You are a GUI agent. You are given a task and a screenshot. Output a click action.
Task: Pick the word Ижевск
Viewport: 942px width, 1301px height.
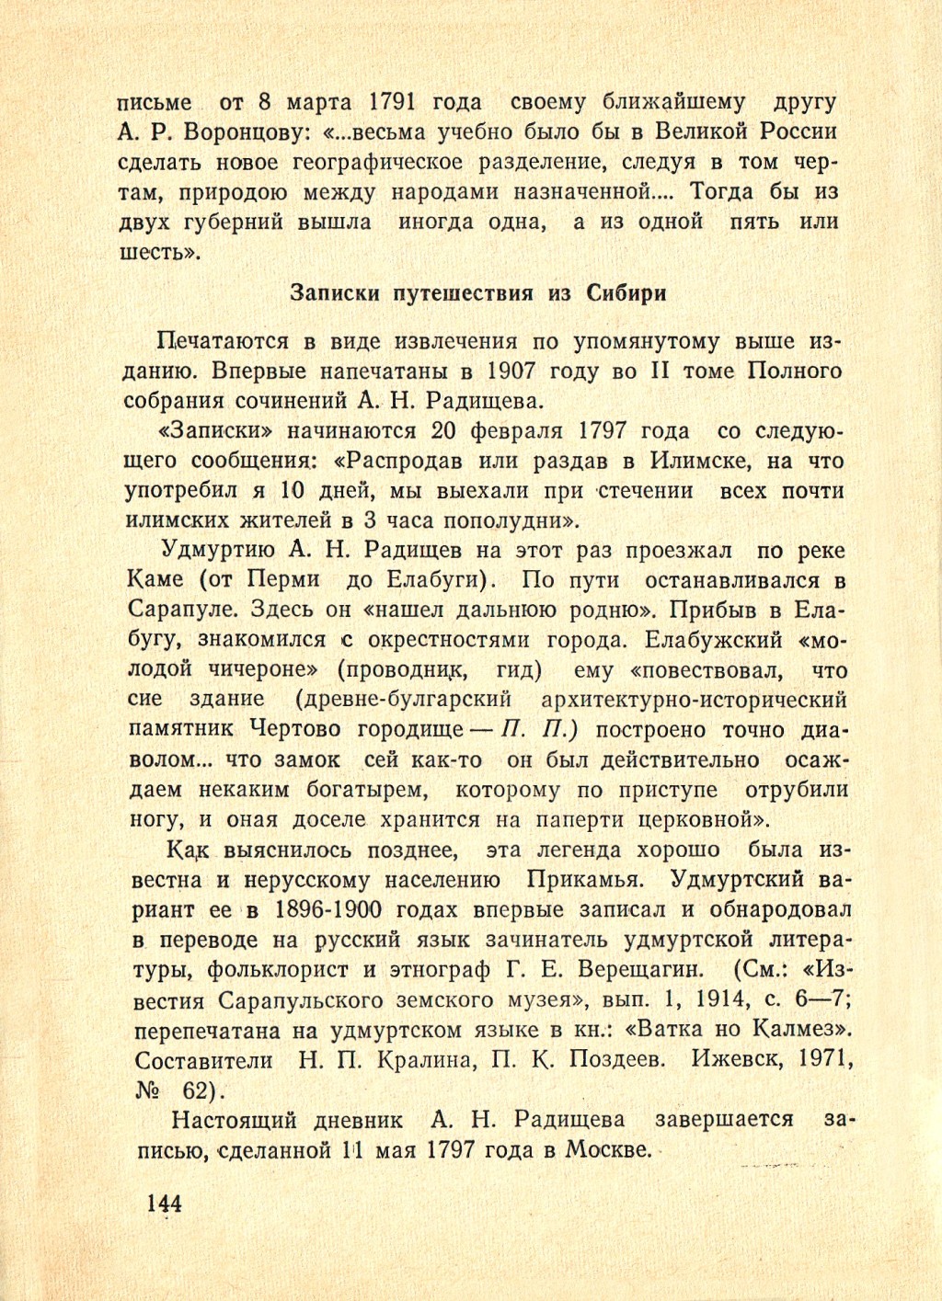coord(736,1059)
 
